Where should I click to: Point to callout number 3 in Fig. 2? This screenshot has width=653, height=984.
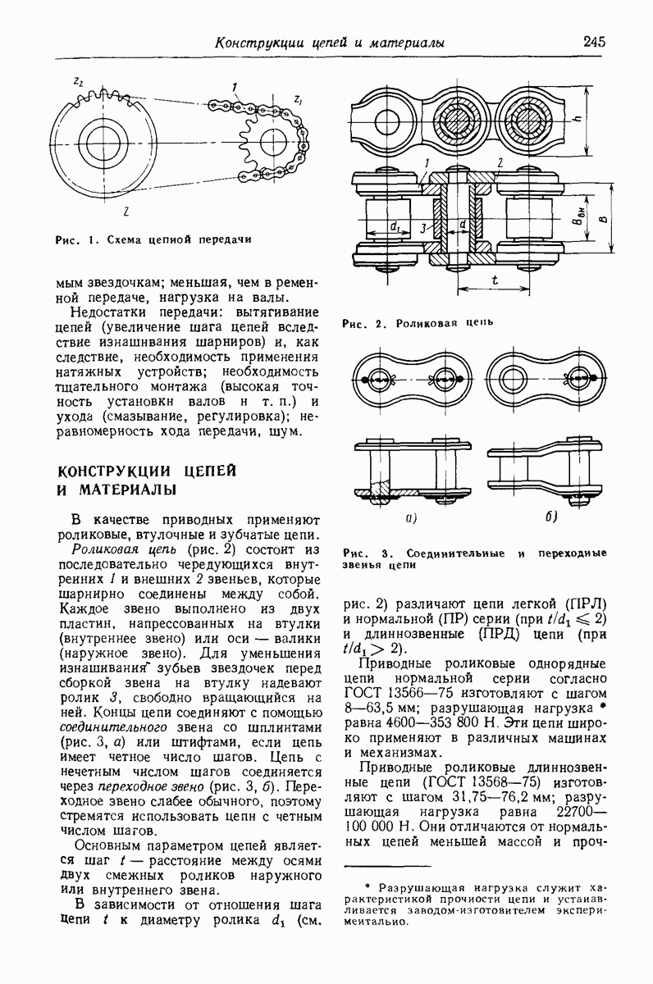click(421, 228)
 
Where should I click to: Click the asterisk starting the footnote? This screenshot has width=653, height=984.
click(368, 887)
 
